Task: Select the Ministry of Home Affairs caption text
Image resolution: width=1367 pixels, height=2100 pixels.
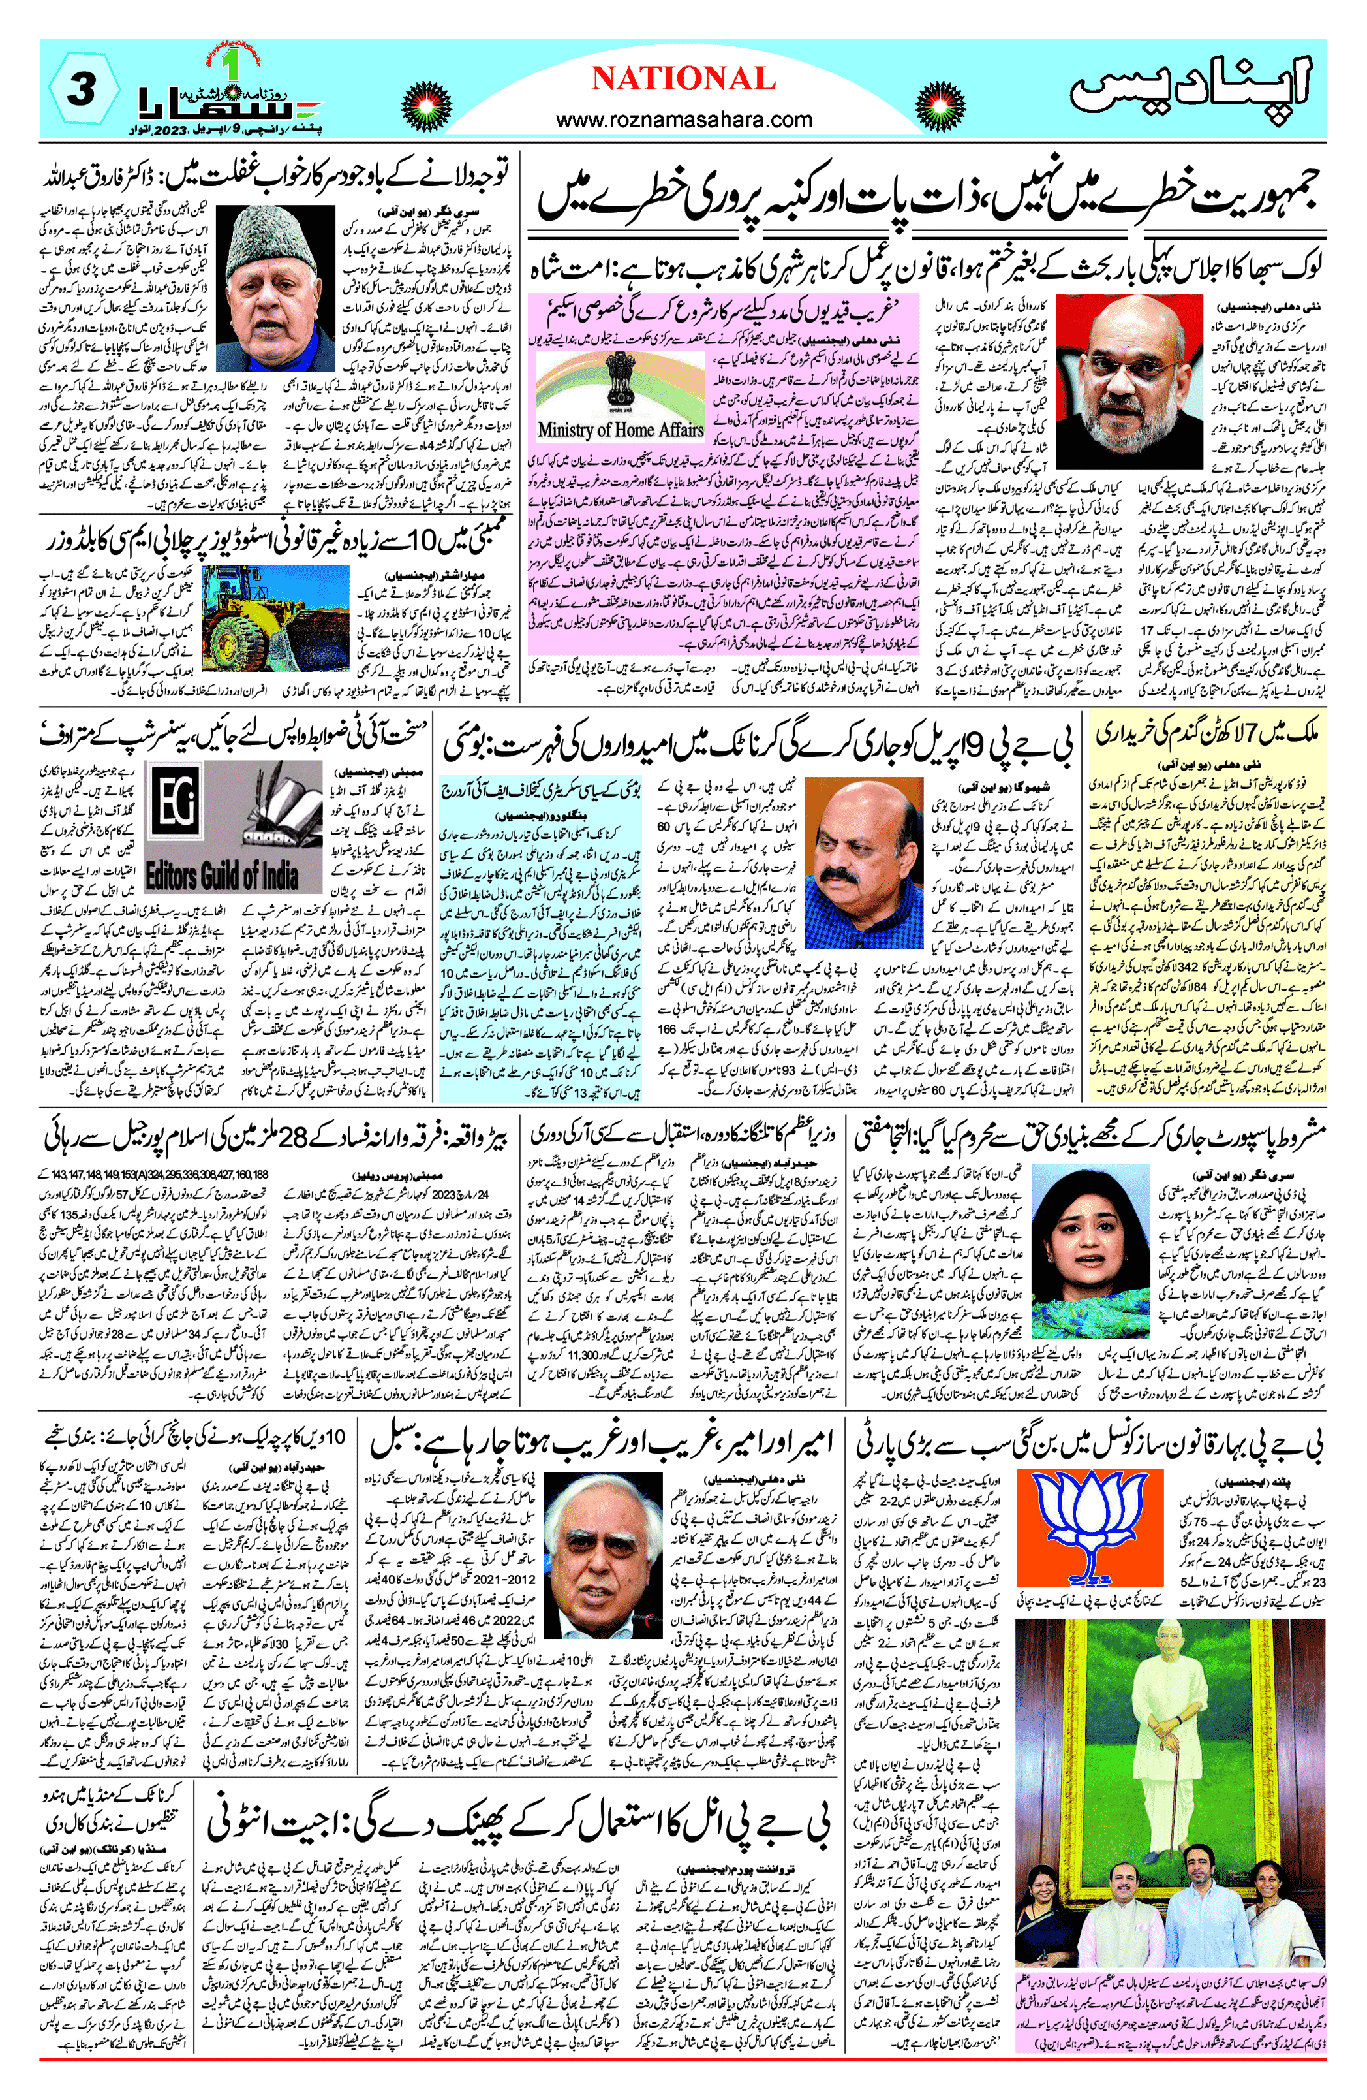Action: pyautogui.click(x=620, y=430)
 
